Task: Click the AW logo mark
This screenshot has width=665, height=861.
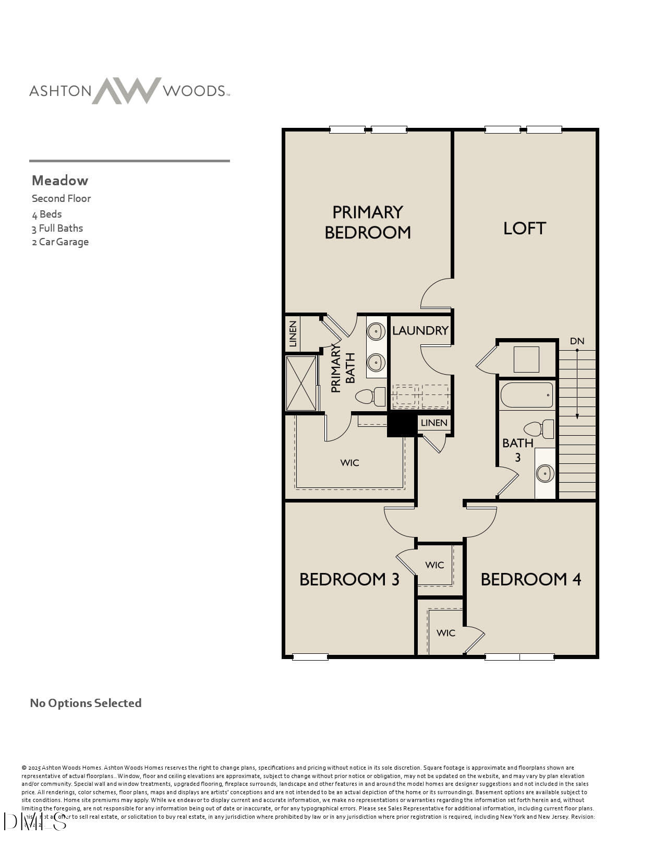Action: coord(127,91)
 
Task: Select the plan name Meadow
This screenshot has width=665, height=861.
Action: coord(60,181)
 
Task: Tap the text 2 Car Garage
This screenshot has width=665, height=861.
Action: coord(60,242)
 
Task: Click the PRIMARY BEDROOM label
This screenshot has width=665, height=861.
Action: coord(368,222)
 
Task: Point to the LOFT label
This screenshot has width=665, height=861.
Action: coord(524,228)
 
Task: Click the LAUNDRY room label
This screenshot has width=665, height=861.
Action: coord(420,330)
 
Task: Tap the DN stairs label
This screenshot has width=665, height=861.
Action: coord(577,341)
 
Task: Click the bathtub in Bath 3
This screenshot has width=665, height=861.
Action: coord(527,395)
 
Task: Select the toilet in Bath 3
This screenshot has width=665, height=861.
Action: coord(538,429)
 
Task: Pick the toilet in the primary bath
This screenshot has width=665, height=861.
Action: coord(370,397)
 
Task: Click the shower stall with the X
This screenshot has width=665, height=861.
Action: coord(301,383)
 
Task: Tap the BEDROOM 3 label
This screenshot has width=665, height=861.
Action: coord(349,579)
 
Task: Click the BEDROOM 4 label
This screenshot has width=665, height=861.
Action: coord(530,579)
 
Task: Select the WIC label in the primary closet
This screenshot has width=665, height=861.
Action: coord(349,463)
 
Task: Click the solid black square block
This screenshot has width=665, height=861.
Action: coord(402,424)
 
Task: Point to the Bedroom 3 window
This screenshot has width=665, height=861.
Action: coord(310,656)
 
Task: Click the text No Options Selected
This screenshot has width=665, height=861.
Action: coord(86,703)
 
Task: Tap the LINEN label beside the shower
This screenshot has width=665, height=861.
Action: coord(293,334)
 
